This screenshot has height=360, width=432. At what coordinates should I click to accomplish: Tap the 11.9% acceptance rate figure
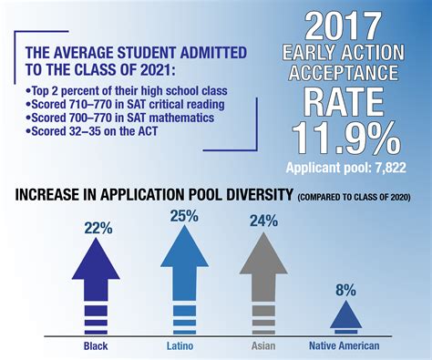(x=343, y=139)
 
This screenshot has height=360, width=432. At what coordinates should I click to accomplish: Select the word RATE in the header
(x=343, y=98)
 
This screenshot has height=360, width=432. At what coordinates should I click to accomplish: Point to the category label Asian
(x=262, y=345)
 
